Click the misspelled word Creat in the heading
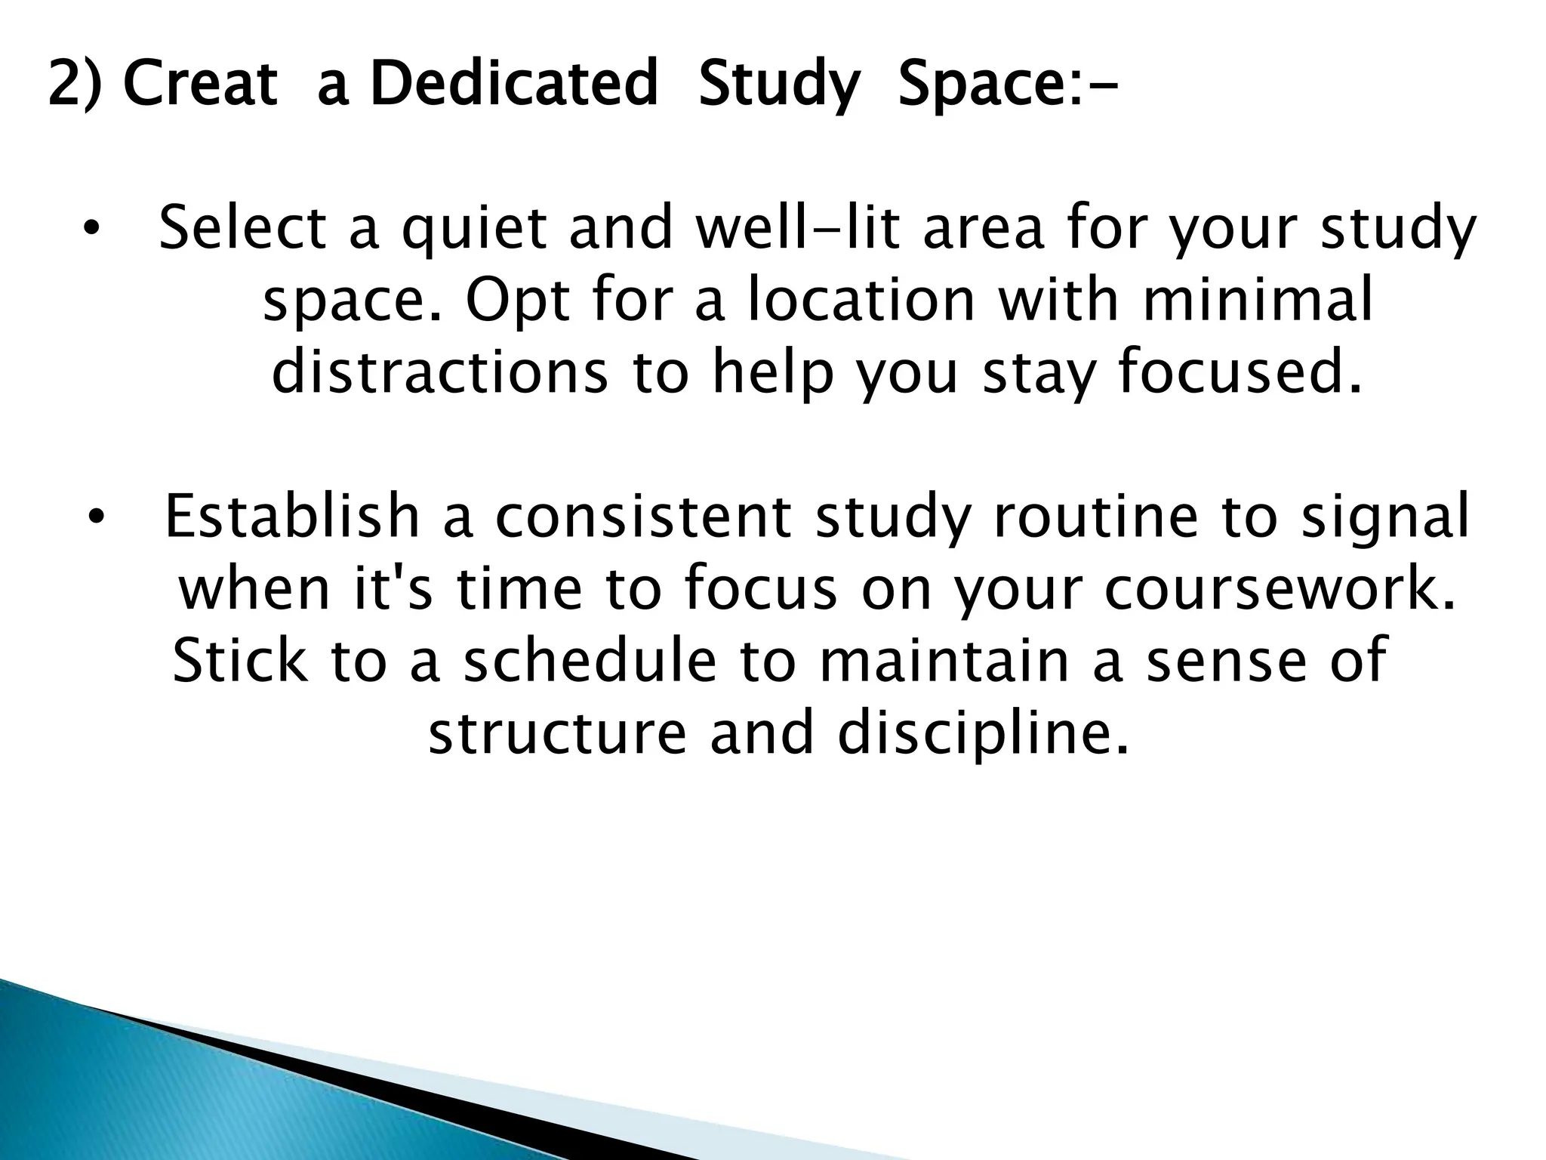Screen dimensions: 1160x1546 [x=200, y=84]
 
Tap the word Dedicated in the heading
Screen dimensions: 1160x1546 [x=514, y=84]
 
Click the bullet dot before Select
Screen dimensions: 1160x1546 [x=91, y=228]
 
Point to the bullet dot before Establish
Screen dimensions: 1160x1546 [x=94, y=517]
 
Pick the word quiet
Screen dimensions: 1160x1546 [x=473, y=228]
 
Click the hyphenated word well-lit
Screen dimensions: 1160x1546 [x=797, y=228]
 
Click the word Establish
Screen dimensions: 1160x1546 [x=291, y=517]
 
